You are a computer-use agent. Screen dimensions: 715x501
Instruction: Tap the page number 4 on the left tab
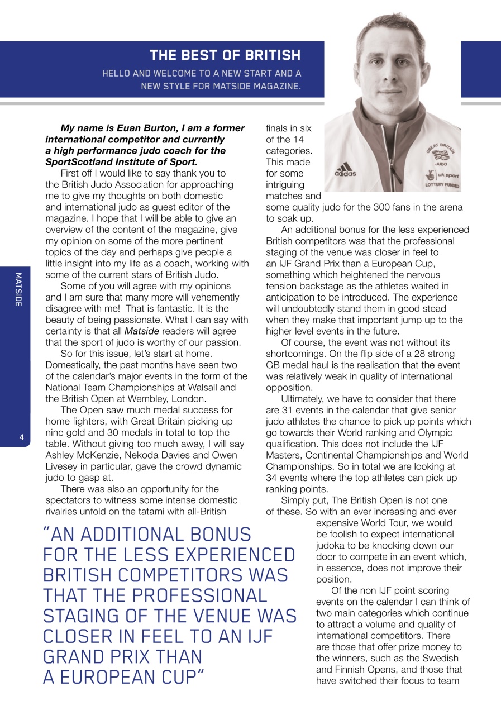pos(21,438)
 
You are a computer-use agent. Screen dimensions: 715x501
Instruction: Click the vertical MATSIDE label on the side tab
pos(18,289)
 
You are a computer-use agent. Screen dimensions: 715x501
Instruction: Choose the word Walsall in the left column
pos(218,387)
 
